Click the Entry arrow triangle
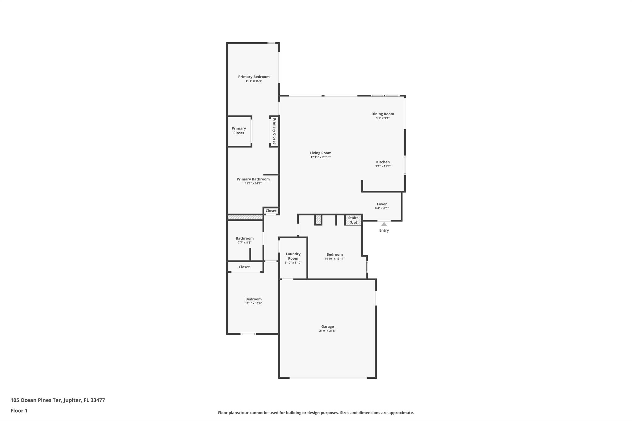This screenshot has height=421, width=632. point(384,224)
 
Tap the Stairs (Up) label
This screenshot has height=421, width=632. point(353,220)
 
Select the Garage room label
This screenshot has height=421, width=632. point(327,326)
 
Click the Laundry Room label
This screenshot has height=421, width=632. point(293,256)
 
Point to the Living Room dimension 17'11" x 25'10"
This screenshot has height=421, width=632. point(321,157)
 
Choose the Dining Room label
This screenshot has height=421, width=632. point(383,114)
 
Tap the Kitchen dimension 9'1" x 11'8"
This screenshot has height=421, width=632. point(383,166)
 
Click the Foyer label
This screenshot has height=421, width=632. point(382,204)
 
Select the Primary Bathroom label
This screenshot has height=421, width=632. point(253,179)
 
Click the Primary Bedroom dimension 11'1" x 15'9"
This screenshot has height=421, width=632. point(254,81)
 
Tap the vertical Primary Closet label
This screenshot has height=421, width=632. point(274,131)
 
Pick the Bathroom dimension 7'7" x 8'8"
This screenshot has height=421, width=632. point(245,243)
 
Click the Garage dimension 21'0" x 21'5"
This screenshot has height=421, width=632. point(327,331)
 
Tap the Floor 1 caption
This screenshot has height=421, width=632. point(19,411)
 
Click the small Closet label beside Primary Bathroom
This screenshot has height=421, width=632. point(271,211)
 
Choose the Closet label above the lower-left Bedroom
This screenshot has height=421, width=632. point(244,267)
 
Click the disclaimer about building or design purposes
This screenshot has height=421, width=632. point(316,413)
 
